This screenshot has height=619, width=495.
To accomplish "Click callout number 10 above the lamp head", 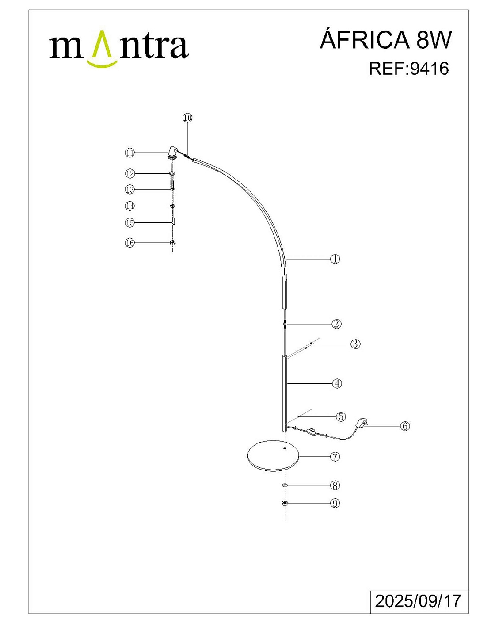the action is tap(187, 118).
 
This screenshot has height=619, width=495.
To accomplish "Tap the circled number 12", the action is tap(130, 173).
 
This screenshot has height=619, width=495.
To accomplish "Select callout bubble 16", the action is tap(130, 243).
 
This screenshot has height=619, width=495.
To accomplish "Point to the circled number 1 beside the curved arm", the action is tap(335, 259).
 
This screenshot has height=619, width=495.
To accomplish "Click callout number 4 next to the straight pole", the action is tap(337, 383).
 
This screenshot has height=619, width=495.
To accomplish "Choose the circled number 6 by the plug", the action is tap(405, 426).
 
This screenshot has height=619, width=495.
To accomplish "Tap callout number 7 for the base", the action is tap(335, 456).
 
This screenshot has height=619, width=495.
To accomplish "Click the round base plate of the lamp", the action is tap(273, 455).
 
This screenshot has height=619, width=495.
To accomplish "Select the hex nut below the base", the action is tap(285, 503).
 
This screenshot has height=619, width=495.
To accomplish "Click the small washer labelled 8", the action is tap(285, 485).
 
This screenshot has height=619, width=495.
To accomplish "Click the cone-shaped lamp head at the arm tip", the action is tap(172, 152).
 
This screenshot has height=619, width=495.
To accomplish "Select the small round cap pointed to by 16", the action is tap(172, 243).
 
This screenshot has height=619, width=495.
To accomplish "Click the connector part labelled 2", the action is tap(285, 324).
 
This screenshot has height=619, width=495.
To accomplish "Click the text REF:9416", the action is tap(409, 69).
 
